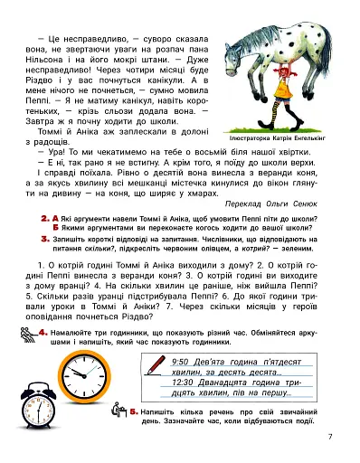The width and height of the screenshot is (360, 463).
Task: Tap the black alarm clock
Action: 43,419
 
